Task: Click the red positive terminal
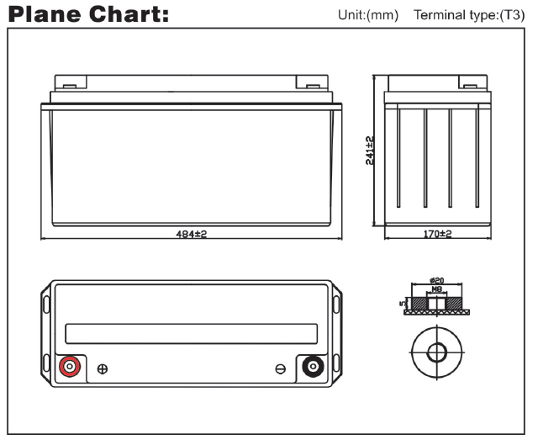68,367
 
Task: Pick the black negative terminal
314,367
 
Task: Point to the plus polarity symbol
103,368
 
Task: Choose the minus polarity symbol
281,368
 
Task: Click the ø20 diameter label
435,281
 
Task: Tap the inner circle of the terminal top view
436,350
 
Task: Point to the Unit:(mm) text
367,16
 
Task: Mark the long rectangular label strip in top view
191,333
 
